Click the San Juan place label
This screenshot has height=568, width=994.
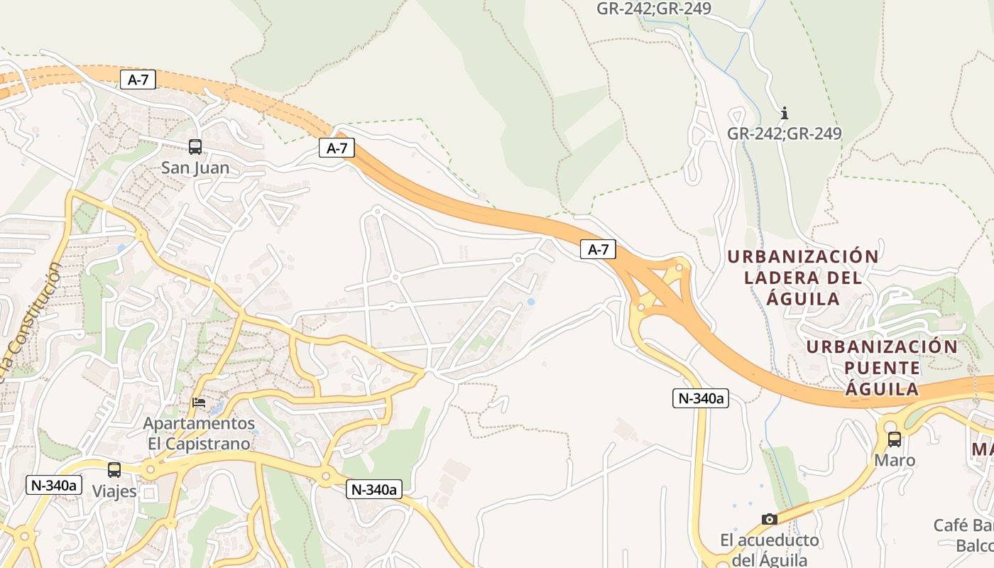click(195, 168)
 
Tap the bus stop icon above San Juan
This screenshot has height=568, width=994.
click(195, 147)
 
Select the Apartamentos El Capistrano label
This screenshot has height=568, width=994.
click(199, 434)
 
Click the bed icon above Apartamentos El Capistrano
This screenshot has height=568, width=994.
click(200, 403)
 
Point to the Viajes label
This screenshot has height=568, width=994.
click(114, 491)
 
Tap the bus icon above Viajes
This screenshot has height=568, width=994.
click(114, 470)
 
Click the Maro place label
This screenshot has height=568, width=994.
click(895, 461)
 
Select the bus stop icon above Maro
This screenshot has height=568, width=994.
click(895, 439)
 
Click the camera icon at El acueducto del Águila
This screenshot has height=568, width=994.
click(769, 519)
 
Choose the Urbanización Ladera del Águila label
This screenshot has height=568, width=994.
click(803, 278)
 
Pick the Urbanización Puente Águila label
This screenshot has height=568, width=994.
click(883, 368)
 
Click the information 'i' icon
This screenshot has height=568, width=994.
click(785, 114)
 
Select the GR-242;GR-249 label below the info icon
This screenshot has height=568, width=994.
click(785, 133)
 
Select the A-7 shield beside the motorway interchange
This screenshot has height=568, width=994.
click(598, 249)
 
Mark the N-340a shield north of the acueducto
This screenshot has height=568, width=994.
click(701, 398)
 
